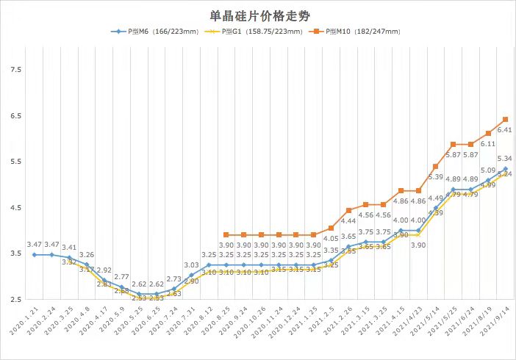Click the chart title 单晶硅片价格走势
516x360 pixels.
click(x=257, y=15)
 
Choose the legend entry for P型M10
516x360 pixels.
click(x=356, y=32)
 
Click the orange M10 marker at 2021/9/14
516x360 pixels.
click(x=506, y=120)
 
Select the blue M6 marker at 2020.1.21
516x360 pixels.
click(x=34, y=255)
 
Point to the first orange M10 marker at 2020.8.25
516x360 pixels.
click(x=226, y=235)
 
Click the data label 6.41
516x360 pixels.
click(x=505, y=130)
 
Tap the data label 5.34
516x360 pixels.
click(x=505, y=159)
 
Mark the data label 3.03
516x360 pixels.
click(x=191, y=265)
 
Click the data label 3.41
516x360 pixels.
click(x=69, y=248)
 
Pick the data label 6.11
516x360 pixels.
click(x=488, y=144)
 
